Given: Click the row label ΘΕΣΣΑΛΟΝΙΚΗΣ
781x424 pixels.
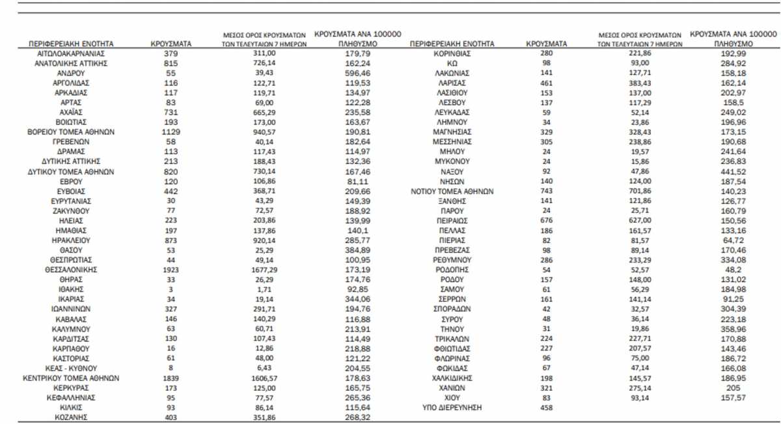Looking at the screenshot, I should click(71, 268).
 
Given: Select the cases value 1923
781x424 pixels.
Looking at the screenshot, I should click(171, 268).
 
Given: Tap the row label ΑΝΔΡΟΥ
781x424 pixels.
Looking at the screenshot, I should click(71, 74).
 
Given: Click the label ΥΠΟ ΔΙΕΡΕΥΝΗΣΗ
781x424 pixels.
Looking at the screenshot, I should click(452, 408).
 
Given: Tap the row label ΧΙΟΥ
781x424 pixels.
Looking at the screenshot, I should click(452, 397).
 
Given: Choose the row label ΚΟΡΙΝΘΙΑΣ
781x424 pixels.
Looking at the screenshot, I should click(452, 53).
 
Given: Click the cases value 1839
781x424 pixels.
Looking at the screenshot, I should click(171, 377).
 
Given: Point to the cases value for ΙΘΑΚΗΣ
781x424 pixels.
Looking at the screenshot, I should click(171, 289).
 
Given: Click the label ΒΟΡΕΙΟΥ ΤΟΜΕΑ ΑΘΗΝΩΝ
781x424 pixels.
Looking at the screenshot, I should click(71, 131).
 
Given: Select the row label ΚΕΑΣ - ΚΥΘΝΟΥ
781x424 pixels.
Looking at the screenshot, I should click(71, 367).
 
